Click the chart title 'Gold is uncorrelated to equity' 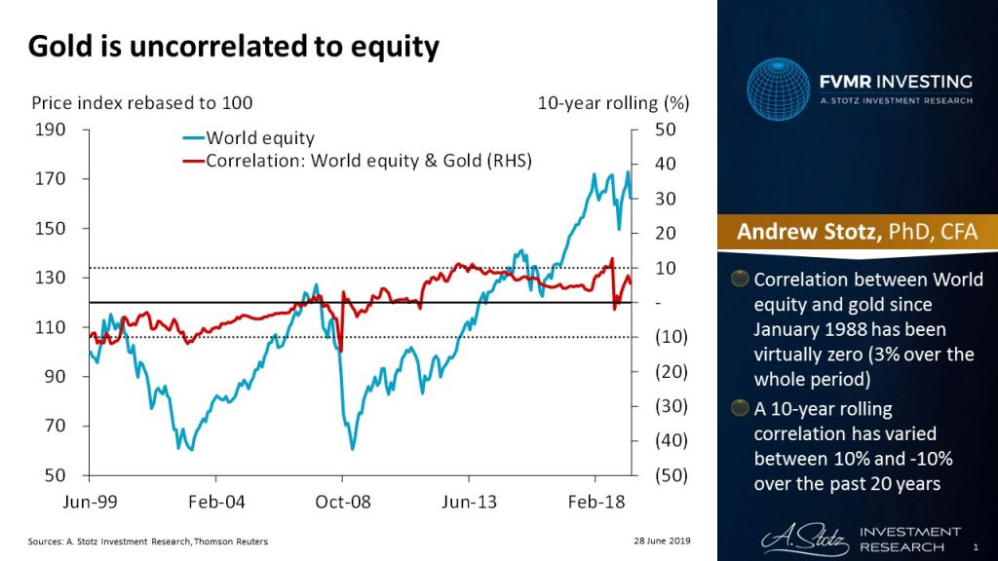pos(233,47)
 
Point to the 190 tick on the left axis pos(51,130)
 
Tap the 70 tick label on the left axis pos(55,427)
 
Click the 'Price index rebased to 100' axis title pos(142,102)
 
